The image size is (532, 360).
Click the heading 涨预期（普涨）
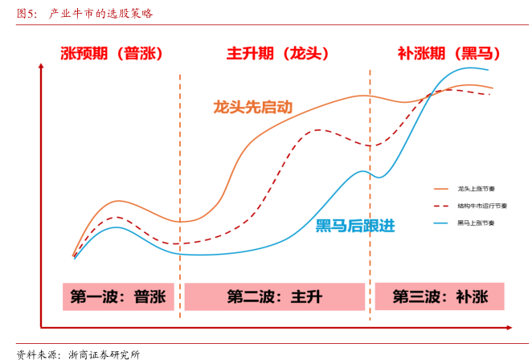pos(112,54)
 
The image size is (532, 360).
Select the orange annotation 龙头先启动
pos(252,106)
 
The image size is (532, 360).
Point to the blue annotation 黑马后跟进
pos(355,226)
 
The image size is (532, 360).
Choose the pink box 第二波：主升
pos(275,297)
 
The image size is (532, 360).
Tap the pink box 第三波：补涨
pos(440,297)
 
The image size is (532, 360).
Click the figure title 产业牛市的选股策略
pos(101,14)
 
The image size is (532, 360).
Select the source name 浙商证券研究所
pos(104,353)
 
